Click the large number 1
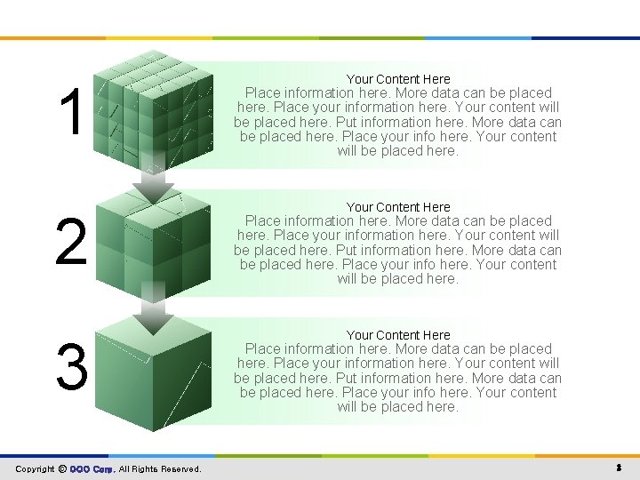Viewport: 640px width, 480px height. pos(70,114)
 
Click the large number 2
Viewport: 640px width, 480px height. pos(71,243)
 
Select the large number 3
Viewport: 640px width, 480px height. pos(71,367)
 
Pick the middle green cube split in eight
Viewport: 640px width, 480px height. pos(153,240)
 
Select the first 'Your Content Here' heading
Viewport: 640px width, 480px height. pos(398,79)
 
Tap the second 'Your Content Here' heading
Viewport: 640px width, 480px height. pos(398,207)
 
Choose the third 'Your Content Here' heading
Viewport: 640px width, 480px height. pos(398,335)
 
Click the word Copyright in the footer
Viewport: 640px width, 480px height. pos(35,469)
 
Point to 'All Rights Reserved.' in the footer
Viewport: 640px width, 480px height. pos(160,469)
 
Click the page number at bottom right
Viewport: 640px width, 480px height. pos(617,468)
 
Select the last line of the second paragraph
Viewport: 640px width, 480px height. pos(397,279)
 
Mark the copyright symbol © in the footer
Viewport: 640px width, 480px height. pos(62,469)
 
